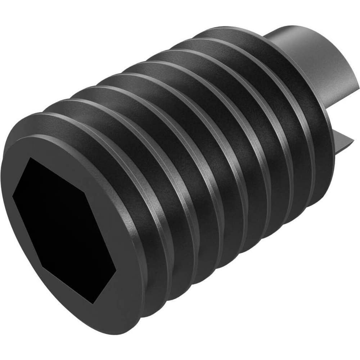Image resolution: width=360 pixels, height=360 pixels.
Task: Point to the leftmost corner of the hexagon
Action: [13, 196]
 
